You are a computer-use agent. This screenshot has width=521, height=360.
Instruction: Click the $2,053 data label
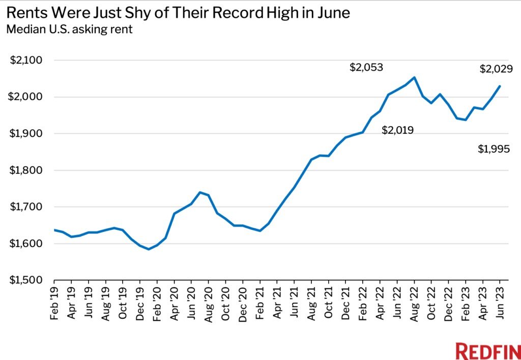[x=366, y=68]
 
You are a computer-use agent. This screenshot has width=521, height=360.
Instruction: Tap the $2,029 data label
[x=496, y=69]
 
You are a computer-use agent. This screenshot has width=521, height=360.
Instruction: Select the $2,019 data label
[x=397, y=131]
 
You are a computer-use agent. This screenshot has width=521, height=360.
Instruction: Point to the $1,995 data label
[x=494, y=149]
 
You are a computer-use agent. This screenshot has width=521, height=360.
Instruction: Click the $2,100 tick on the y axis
[x=26, y=61]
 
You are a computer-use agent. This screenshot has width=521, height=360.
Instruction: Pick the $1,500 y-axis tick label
[x=26, y=280]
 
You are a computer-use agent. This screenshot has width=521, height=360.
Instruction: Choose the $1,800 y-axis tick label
[x=26, y=170]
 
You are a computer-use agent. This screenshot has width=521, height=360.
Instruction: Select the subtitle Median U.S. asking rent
[x=69, y=29]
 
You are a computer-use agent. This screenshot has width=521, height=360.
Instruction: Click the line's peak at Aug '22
[x=415, y=77]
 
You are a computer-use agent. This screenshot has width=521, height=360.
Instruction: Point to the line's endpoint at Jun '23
[x=500, y=86]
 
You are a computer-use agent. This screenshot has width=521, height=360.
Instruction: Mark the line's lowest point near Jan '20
[x=148, y=249]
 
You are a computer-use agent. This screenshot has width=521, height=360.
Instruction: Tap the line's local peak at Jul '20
[x=200, y=192]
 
